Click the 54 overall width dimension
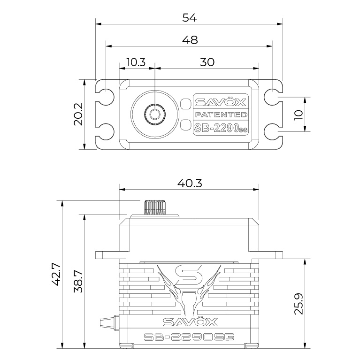190,18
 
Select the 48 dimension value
190,40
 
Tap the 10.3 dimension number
137,62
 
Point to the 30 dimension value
207,62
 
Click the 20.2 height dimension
78,114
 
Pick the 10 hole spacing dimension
299,115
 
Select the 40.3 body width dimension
190,183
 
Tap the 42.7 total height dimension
56,274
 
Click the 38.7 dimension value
78,281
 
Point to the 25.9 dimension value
299,304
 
